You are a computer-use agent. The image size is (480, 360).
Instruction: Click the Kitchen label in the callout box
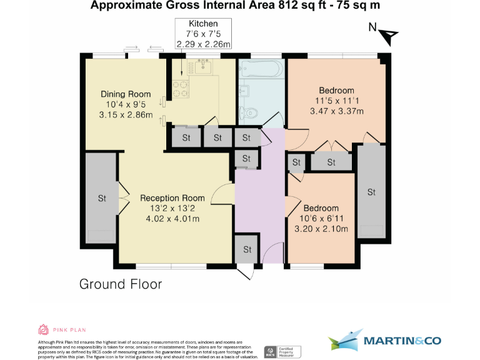pos(203,23)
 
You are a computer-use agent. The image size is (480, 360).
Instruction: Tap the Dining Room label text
pos(126,94)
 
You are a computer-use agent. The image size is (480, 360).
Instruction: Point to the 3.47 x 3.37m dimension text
pos(337,111)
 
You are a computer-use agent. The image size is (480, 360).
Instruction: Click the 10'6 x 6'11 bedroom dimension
pos(321,219)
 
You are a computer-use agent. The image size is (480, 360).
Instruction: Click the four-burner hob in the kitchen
pos(181,91)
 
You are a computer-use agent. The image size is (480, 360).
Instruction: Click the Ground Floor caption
pos(121,284)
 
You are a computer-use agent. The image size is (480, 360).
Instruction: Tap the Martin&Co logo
pos(384,341)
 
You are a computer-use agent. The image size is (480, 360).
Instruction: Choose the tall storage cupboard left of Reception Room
pos(101,198)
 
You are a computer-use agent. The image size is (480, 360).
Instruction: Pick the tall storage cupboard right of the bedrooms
pos(371,192)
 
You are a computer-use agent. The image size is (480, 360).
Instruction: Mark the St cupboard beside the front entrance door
pos(247,249)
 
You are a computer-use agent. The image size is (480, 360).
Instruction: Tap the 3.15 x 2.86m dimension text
pos(126,115)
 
